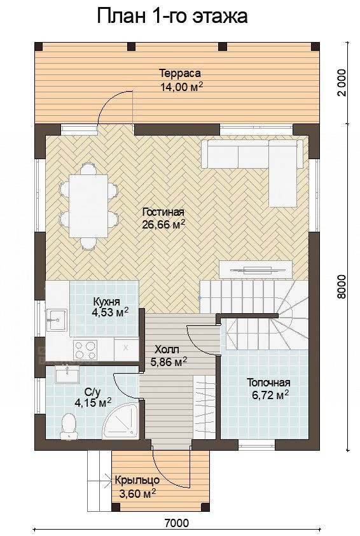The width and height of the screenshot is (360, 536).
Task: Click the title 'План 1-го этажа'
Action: [172, 17]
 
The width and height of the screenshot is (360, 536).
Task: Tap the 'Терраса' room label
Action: [180, 73]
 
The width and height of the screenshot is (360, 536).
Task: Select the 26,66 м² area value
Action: [163, 225]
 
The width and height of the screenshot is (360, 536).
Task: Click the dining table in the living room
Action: [89, 206]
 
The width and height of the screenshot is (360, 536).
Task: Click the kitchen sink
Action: [56, 320]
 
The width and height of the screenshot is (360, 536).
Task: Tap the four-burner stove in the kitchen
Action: [85, 349]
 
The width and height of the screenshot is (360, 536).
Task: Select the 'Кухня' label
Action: [106, 302]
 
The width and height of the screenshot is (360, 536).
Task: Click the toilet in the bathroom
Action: [69, 425]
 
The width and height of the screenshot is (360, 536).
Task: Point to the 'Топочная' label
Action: [268, 382]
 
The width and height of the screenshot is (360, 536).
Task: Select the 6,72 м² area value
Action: [270, 395]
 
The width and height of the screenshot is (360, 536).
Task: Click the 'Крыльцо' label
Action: [137, 480]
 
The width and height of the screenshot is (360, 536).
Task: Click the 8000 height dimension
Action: [341, 286]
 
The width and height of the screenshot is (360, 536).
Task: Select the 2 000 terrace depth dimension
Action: [341, 83]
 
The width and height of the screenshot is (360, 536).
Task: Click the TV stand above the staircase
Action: [256, 270]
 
